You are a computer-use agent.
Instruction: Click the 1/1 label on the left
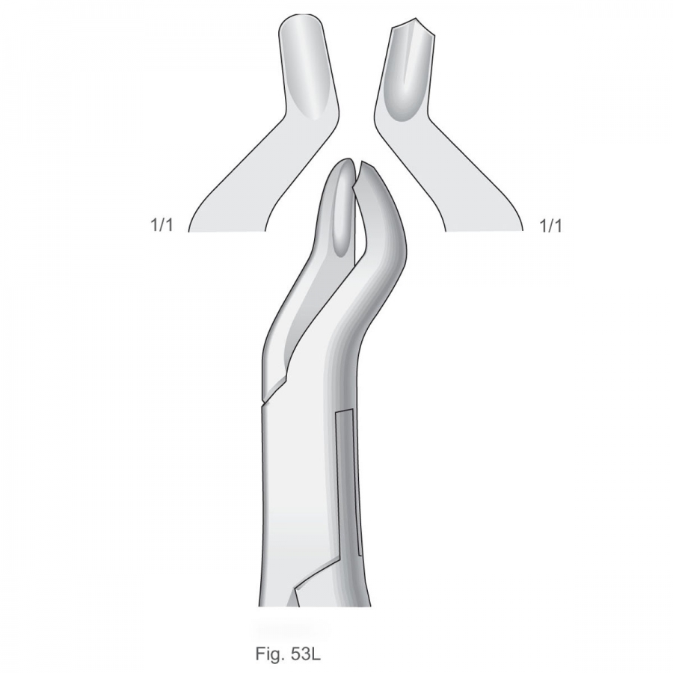(162, 225)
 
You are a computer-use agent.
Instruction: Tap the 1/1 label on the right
(550, 225)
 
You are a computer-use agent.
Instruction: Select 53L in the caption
(305, 654)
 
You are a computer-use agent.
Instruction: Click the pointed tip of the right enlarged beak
(416, 19)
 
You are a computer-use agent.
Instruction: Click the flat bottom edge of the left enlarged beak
(226, 232)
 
